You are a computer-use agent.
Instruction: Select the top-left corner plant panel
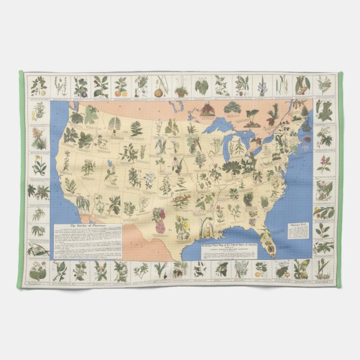click(39, 86)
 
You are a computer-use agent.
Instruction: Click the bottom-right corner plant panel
click(323, 272)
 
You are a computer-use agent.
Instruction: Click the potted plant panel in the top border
click(180, 86)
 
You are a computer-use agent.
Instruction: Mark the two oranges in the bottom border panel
click(261, 272)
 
